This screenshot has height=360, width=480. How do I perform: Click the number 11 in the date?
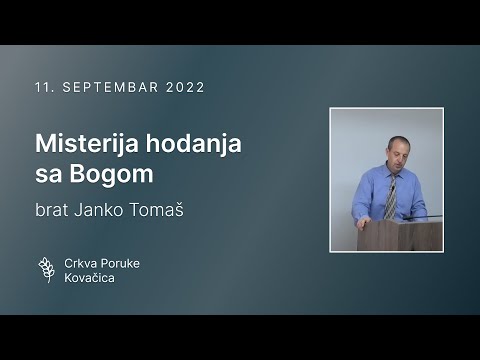pos(43,87)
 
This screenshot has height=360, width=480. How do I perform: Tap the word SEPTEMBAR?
pos(105,87)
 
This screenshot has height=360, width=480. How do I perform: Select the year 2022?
pos(183,87)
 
